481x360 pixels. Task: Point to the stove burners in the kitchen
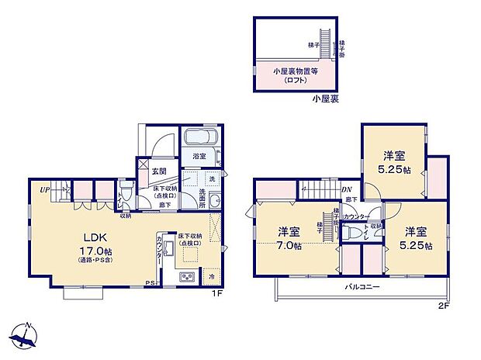coord(189,279)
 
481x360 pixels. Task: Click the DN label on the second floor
coord(347,189)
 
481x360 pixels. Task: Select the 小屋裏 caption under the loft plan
coord(324,99)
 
